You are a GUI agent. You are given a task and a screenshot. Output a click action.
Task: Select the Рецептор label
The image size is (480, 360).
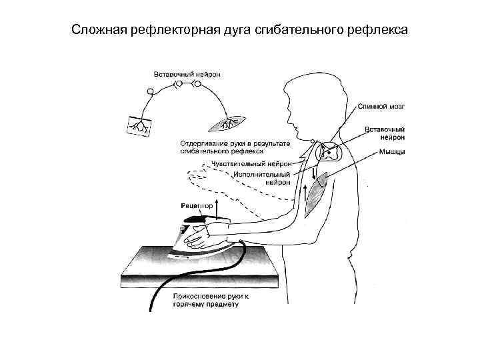(x=197, y=206)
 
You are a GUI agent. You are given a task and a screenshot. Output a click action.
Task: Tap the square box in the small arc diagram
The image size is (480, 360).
(x=139, y=125)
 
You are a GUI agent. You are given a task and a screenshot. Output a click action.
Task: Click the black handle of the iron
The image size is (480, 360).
(x=199, y=218)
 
